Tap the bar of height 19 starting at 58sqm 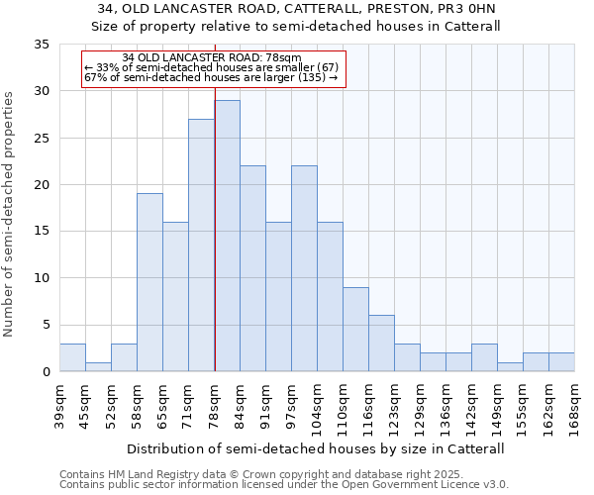click(x=149, y=282)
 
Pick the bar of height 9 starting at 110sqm click(x=355, y=329)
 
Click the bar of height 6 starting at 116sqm click(x=381, y=343)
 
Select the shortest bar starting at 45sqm click(x=98, y=366)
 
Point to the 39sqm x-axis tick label click(x=59, y=405)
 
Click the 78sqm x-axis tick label click(x=214, y=405)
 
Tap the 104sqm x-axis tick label click(x=317, y=407)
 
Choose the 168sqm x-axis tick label click(x=574, y=407)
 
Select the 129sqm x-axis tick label click(x=420, y=407)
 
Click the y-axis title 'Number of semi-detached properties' click(x=9, y=214)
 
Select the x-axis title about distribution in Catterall click(x=316, y=448)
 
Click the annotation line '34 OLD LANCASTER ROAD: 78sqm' click(x=213, y=58)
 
